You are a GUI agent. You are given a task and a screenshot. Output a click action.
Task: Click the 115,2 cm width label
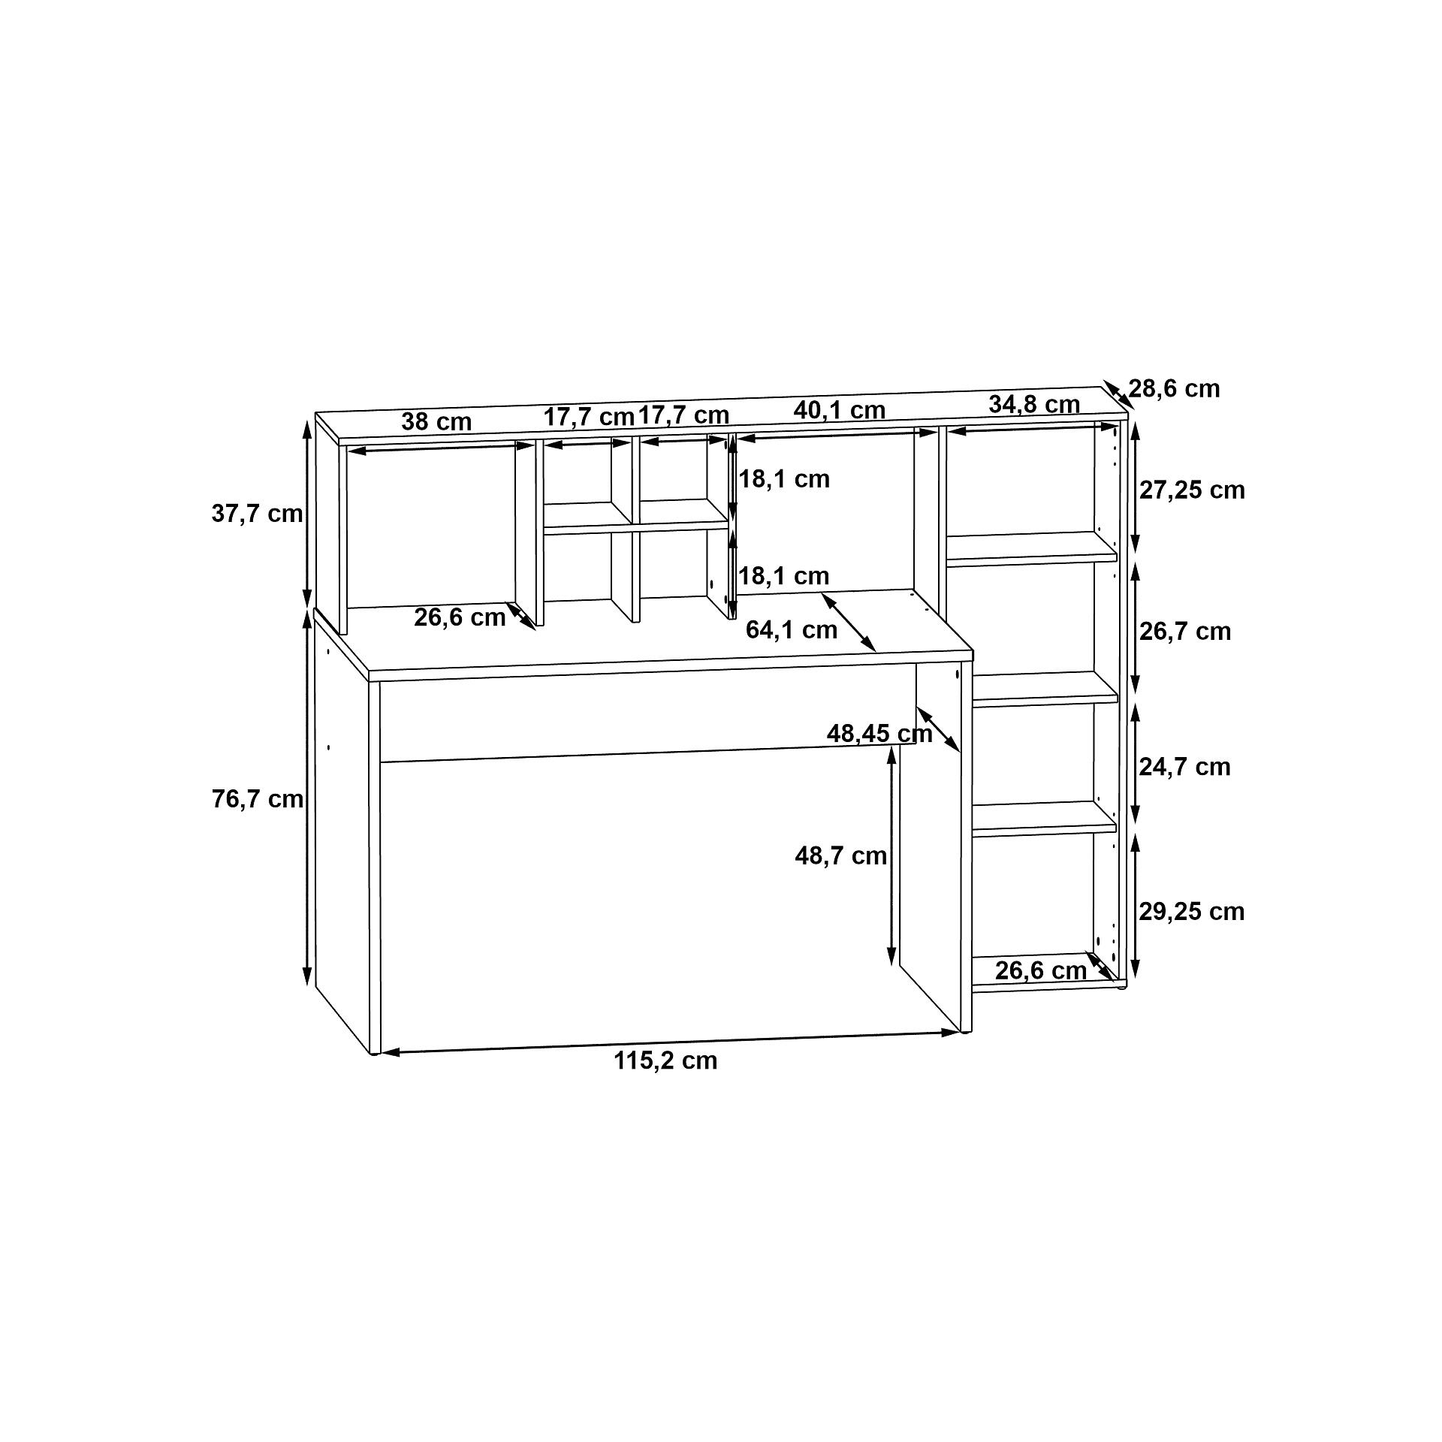[x=665, y=1060]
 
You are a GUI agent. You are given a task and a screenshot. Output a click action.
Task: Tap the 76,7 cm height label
[x=258, y=799]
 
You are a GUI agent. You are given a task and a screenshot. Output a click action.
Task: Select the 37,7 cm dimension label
[x=258, y=514]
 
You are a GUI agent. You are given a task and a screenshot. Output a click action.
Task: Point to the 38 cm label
[x=436, y=421]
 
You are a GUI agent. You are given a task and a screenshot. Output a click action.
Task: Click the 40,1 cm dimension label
[x=840, y=410]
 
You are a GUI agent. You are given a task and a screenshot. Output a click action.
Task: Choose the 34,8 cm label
[x=1034, y=404]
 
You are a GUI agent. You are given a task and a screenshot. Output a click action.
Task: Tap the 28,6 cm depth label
[x=1175, y=388]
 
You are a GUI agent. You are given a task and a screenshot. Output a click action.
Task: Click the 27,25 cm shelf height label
[x=1192, y=490]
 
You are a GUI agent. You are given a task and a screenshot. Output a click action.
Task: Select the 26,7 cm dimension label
[x=1185, y=632]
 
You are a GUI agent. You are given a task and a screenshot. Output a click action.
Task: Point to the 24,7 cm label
[x=1185, y=767]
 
